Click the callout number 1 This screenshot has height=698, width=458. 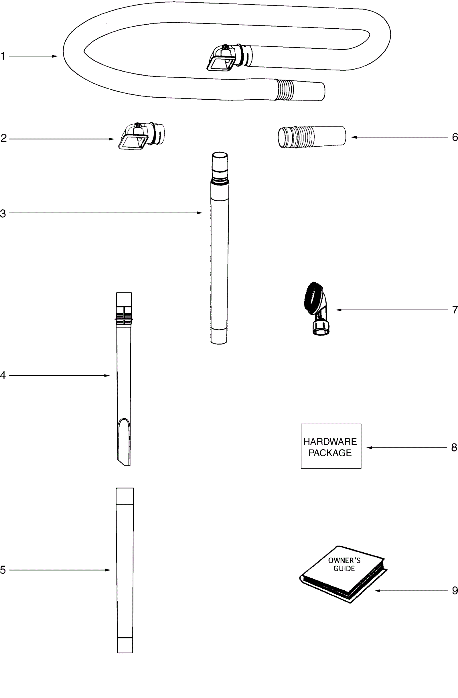click(3, 56)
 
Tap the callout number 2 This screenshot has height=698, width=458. click(3, 138)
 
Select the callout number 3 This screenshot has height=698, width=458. click(3, 213)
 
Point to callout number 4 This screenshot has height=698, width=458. click(3, 375)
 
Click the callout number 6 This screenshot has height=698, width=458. click(455, 137)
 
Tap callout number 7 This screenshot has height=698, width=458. click(455, 310)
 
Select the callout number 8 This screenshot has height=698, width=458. click(454, 447)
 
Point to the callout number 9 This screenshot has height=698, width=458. click(455, 590)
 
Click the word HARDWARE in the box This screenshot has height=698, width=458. click(330, 442)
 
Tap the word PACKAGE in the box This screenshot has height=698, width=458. click(330, 453)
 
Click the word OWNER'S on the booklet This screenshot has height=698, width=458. click(344, 561)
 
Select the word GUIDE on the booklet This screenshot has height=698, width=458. click(344, 569)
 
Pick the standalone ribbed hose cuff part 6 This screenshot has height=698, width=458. click(311, 137)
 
